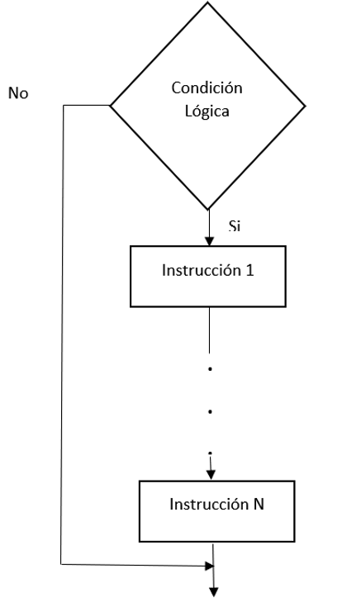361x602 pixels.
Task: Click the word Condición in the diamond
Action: coord(207,88)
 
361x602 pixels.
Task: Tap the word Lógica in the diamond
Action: coord(207,111)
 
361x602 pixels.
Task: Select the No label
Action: coord(18,93)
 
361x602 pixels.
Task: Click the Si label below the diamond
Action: coord(235,225)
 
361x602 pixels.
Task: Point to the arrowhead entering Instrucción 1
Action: coord(209,241)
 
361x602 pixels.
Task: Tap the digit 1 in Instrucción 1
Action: coord(249,270)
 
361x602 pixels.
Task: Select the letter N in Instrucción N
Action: coord(259,504)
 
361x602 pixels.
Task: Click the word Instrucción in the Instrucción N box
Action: coord(209,504)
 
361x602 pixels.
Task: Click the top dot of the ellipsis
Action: coord(210,369)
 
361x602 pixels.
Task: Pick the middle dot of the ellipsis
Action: coord(210,411)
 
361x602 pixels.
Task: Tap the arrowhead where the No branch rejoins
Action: coord(210,566)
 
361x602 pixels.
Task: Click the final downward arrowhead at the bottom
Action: coord(213,592)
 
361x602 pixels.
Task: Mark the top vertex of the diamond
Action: coord(208,2)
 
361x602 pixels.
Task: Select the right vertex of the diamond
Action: coord(306,106)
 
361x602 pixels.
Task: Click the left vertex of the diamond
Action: coord(110,105)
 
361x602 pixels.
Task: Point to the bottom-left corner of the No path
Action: coord(61,564)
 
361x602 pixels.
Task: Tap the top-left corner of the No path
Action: coord(64,105)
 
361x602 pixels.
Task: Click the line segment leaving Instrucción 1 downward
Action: coord(209,329)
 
